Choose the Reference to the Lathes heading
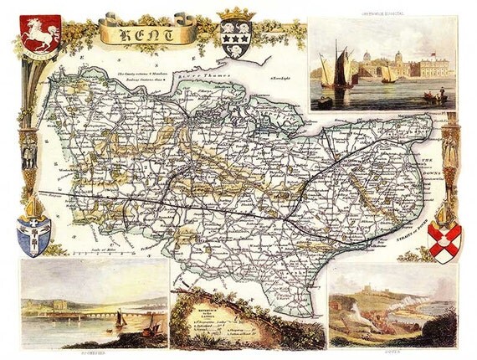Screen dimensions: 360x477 tap(202, 310)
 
